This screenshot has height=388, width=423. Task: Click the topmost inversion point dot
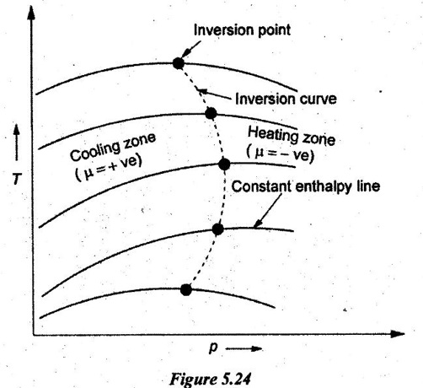coord(179,63)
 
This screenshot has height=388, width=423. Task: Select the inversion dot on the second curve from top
coord(211,113)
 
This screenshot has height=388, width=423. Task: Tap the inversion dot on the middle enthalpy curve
coord(224,164)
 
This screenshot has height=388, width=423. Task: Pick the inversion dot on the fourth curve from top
coord(217,229)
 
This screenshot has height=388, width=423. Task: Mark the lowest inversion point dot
coord(186,289)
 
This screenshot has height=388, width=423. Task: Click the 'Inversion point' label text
coord(242,30)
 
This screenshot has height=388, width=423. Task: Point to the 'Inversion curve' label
coord(286,99)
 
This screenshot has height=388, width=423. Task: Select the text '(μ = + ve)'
coord(109,168)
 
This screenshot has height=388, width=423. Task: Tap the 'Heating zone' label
coord(292,136)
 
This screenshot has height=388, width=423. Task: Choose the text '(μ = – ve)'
coord(280,154)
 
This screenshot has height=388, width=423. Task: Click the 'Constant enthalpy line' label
coord(306,186)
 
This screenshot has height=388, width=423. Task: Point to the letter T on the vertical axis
coord(17,179)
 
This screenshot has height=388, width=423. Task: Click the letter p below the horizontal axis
coord(213,348)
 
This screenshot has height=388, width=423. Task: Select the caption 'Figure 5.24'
coord(210,379)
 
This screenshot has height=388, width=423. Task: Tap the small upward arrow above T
coord(17,143)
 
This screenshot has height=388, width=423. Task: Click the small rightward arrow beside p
coord(244,349)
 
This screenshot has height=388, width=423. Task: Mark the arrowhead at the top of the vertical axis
coord(31,13)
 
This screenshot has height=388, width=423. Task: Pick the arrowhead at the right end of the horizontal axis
coord(397,334)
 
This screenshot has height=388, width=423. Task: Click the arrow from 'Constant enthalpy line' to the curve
coord(267,210)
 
